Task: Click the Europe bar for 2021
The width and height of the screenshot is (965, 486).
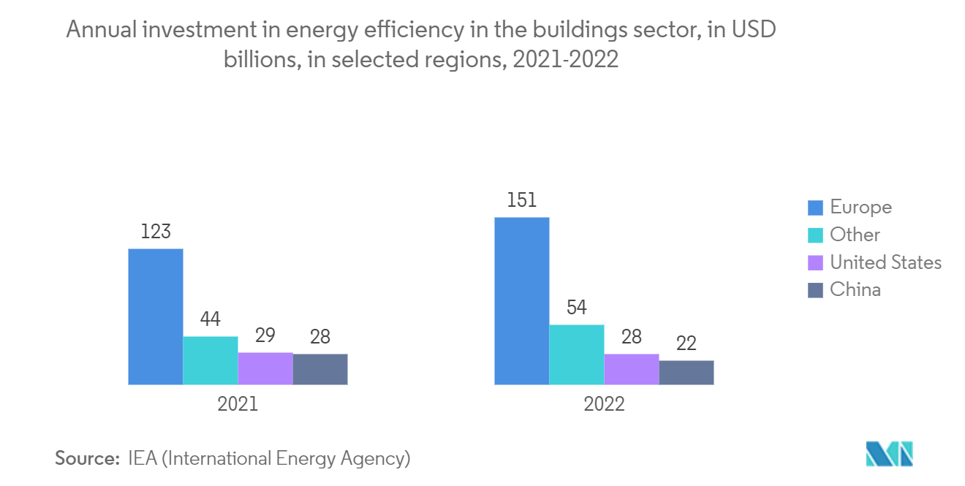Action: tap(156, 316)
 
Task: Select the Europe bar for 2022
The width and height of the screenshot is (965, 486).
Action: tap(522, 301)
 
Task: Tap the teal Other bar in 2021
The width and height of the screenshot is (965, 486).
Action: tap(211, 360)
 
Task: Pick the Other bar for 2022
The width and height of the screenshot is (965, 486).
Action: tap(577, 354)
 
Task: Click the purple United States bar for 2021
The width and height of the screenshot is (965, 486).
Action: tap(265, 369)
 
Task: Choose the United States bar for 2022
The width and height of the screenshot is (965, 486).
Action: tap(632, 369)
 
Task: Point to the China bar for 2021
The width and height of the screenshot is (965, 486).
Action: tap(320, 369)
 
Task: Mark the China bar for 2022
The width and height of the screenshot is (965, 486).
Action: tap(686, 373)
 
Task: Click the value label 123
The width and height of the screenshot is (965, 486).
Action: tap(156, 232)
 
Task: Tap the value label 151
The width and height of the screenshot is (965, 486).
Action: tap(522, 200)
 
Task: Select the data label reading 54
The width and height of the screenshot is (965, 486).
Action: tap(576, 308)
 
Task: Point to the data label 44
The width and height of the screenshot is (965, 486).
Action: tap(211, 319)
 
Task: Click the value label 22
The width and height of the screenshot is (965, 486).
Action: tap(686, 343)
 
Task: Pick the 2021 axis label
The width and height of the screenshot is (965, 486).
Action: tap(238, 404)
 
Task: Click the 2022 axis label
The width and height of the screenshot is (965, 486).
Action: tap(604, 404)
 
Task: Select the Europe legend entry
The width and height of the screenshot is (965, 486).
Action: tap(849, 208)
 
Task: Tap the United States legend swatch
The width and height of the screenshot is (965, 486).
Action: tap(816, 262)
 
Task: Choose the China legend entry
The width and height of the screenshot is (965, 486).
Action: tap(844, 290)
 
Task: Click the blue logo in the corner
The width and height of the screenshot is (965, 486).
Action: tap(889, 454)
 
